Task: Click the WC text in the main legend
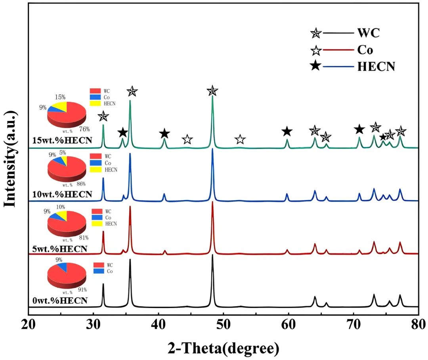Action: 368,33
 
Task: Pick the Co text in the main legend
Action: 365,50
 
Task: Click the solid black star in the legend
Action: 315,66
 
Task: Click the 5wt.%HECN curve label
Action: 59,249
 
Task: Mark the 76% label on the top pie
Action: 84,129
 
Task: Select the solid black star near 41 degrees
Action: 164,134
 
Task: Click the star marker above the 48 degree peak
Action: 212,91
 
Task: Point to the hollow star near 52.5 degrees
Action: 240,140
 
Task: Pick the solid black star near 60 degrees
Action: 287,132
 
